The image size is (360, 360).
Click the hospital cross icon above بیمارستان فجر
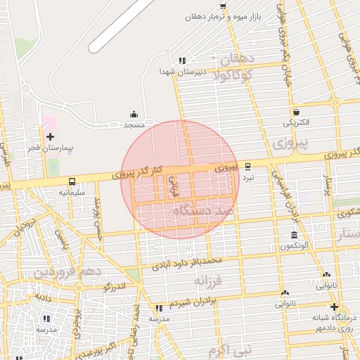tap(49, 136)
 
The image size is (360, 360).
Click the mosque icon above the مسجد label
tap(134, 114)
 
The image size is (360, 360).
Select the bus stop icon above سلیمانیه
tap(72, 181)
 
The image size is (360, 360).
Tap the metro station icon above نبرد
tap(247, 167)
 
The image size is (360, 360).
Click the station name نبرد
tap(248, 178)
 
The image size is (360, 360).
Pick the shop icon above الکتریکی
tap(296, 112)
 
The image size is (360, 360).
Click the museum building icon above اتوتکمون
tap(293, 235)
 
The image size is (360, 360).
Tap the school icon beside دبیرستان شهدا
tap(182, 60)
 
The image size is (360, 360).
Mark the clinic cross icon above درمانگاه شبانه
tap(334, 307)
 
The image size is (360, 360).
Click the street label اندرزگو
tap(115, 287)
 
